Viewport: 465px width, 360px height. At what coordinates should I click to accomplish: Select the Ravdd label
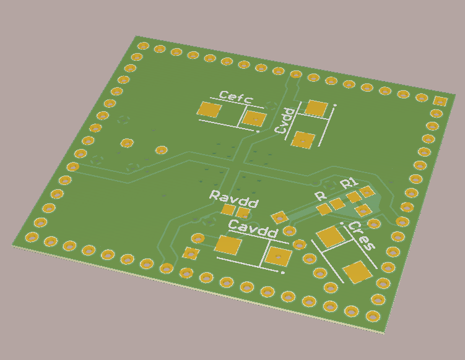tap(234, 199)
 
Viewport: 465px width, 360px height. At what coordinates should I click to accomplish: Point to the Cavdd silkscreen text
tap(254, 229)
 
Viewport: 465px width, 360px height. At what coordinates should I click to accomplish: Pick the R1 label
tap(350, 184)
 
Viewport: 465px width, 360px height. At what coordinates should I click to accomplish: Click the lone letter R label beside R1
tap(321, 196)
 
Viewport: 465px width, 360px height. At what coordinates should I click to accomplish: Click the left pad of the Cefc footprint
tap(209, 109)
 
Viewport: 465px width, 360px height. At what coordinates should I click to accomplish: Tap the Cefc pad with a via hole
tap(254, 119)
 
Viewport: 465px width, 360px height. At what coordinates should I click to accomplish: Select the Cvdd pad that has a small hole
tap(303, 140)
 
